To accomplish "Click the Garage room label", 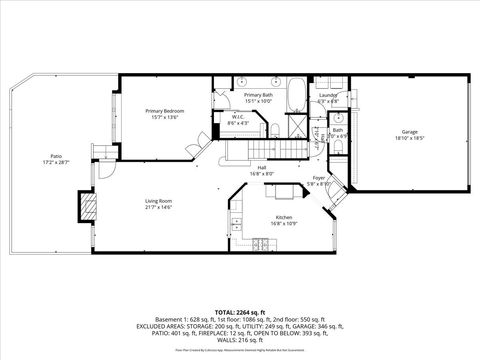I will (409, 132).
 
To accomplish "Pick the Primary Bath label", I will (257, 94).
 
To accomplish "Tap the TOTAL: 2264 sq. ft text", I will (240, 312).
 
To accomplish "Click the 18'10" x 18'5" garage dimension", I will (409, 138).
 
